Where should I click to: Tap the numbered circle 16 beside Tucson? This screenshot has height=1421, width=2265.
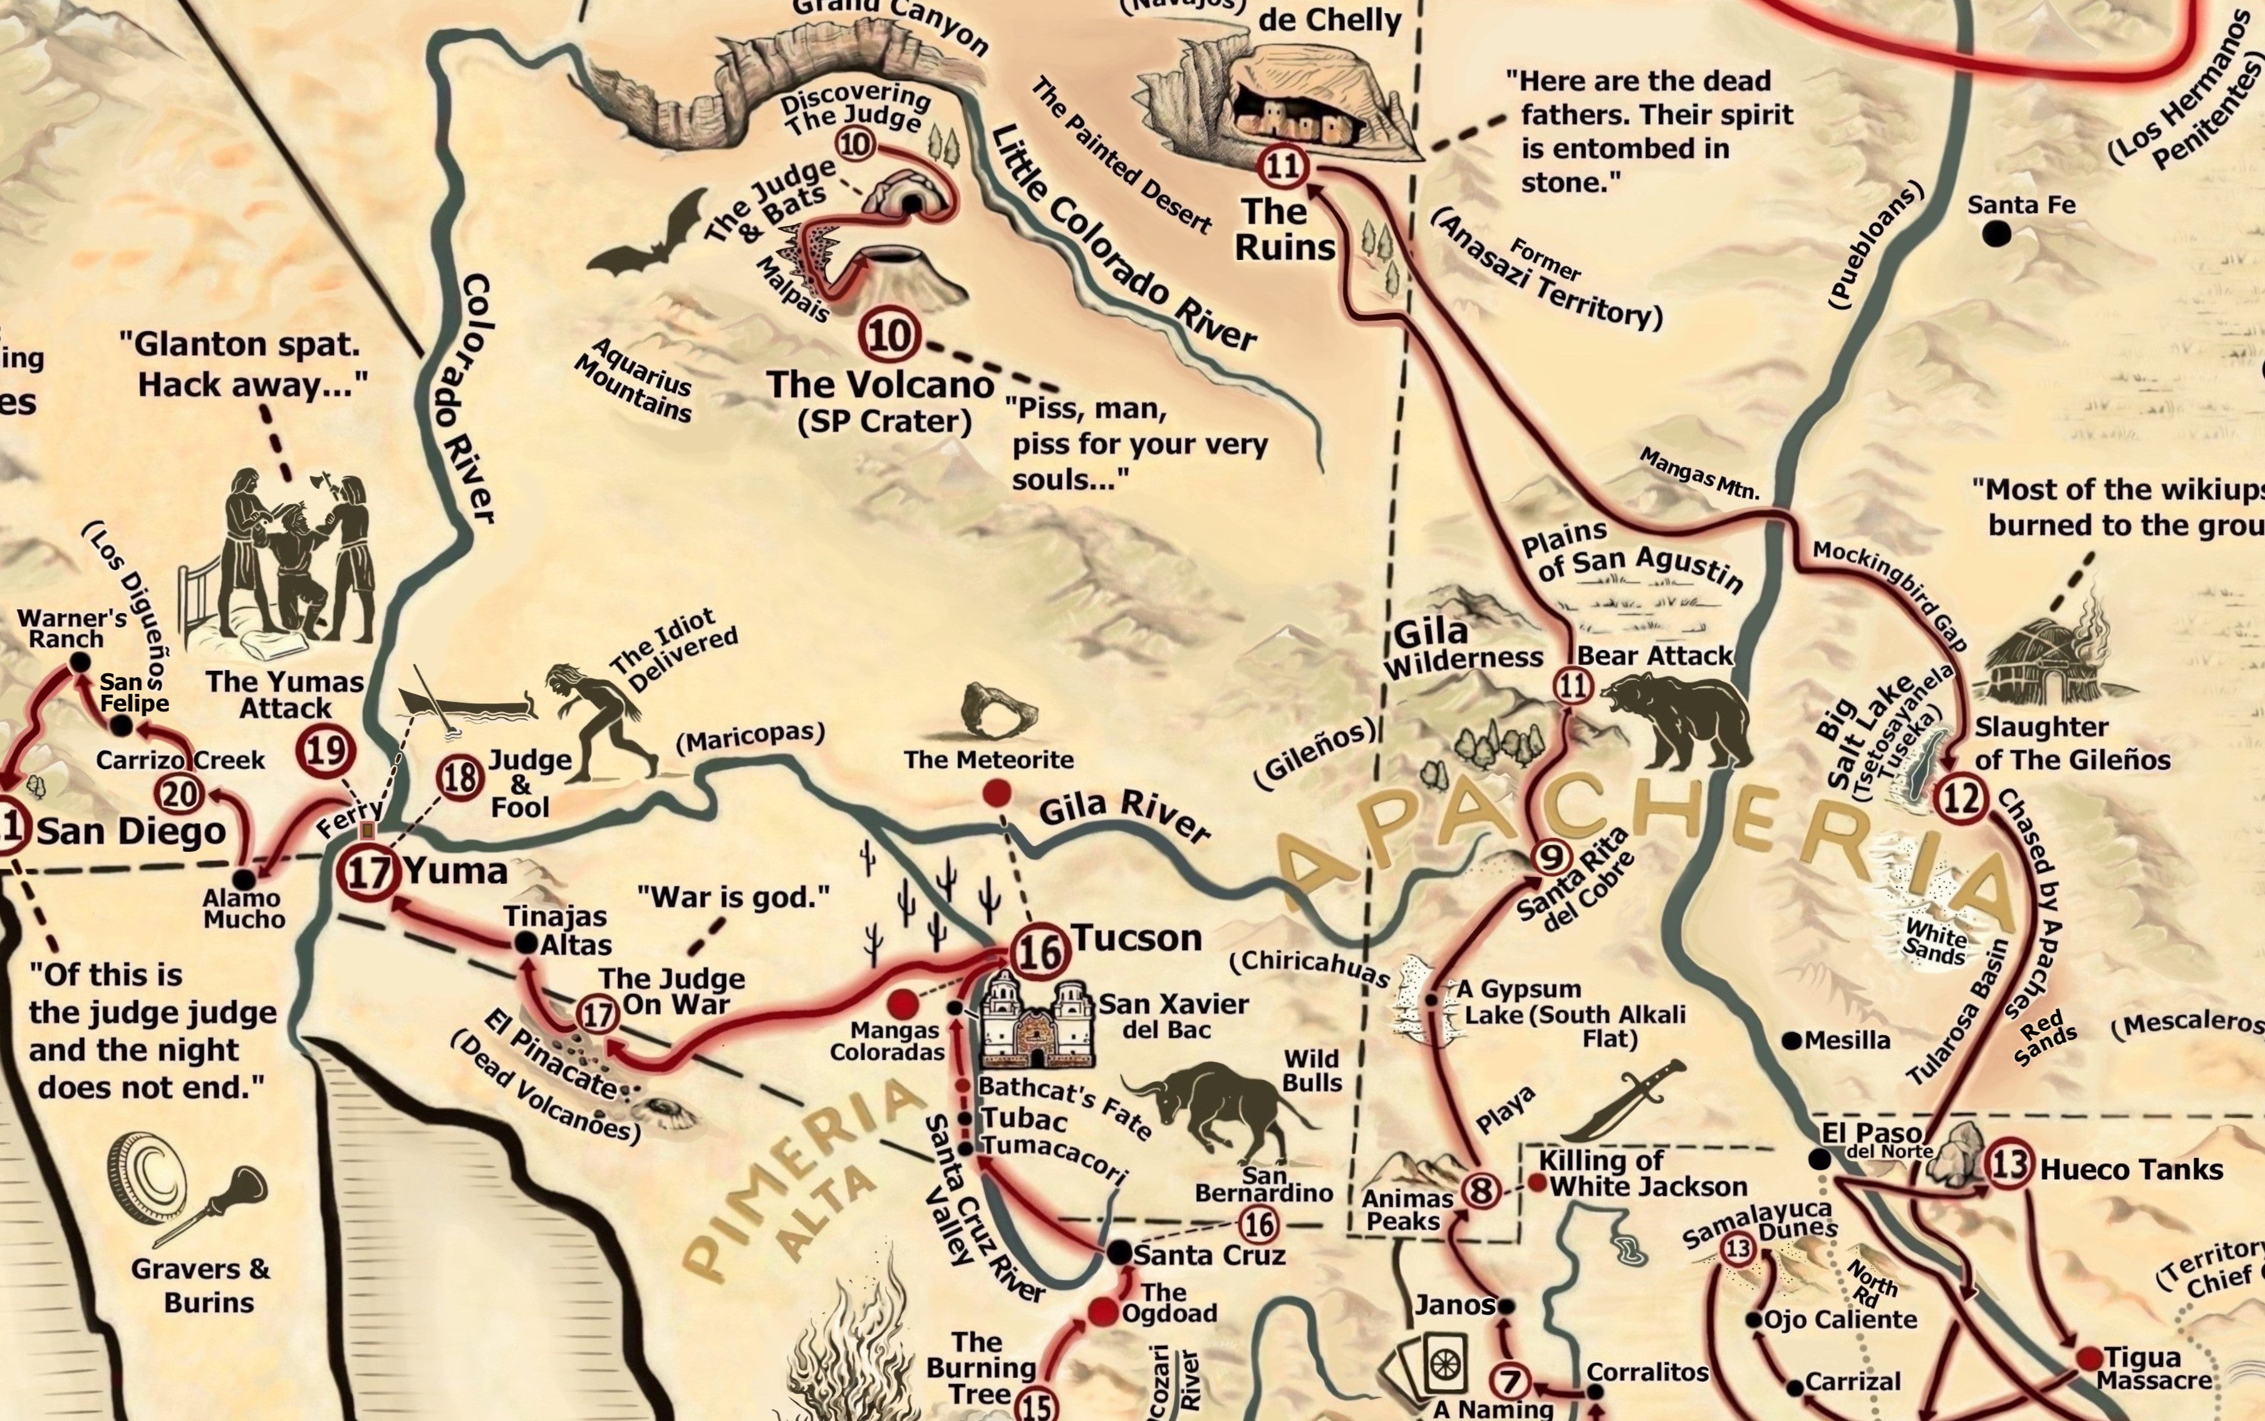pyautogui.click(x=1039, y=951)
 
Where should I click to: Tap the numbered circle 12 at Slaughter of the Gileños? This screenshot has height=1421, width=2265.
pyautogui.click(x=1961, y=799)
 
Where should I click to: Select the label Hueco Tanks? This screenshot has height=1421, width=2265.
pyautogui.click(x=2130, y=1170)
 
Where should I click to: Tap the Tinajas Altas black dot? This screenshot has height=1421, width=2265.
pyautogui.click(x=526, y=942)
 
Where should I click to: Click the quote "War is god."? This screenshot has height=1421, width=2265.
pyautogui.click(x=733, y=897)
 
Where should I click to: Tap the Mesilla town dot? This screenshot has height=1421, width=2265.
pyautogui.click(x=1791, y=1040)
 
